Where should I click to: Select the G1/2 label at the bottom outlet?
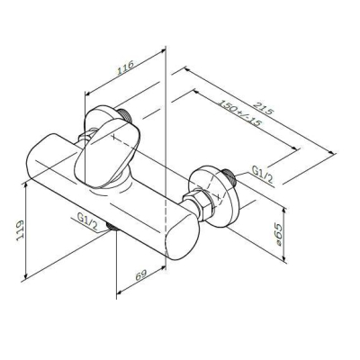(87, 218)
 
